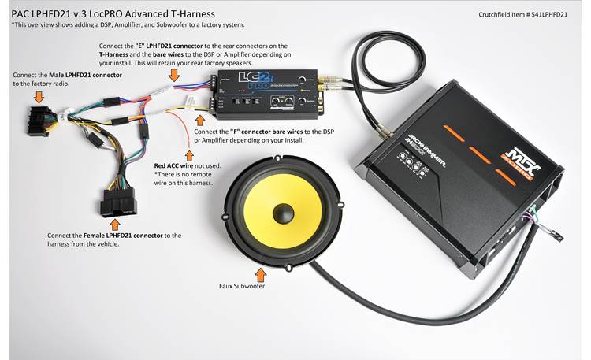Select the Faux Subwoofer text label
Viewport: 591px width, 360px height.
coord(243,287)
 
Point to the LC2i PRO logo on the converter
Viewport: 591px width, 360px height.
coord(247,81)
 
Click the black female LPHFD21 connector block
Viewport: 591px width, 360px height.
coord(119,203)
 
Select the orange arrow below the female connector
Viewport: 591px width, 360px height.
coord(117,225)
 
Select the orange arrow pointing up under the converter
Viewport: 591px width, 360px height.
coord(200,119)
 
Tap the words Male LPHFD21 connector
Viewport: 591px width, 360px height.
coord(85,74)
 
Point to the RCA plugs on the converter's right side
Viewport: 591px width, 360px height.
coord(329,82)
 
